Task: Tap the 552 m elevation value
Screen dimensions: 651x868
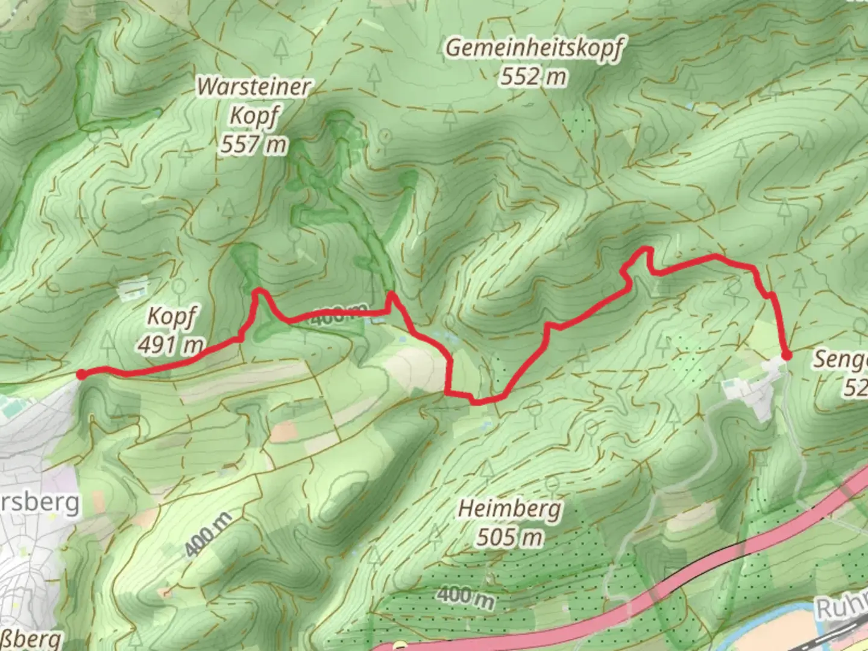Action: [x=533, y=77]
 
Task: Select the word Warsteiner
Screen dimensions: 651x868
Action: [x=254, y=87]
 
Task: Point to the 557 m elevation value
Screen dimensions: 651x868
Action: [x=254, y=145]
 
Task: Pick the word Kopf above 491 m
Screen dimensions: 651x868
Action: [x=171, y=316]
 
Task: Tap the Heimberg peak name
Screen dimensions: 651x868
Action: [x=509, y=509]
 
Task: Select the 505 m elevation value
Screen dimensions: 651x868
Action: [x=509, y=537]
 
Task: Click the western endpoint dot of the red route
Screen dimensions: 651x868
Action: [x=81, y=375]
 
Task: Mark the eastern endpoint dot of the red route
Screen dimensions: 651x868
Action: [x=786, y=356]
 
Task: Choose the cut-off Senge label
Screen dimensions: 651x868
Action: [x=840, y=360]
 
